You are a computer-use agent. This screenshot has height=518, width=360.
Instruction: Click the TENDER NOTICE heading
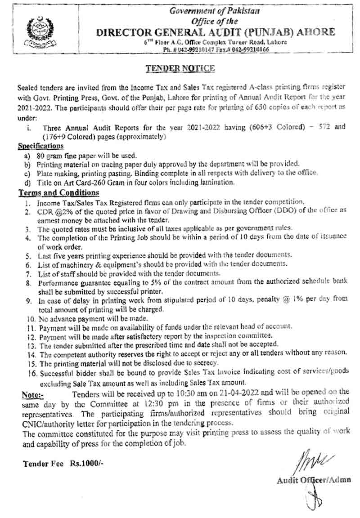[x=180, y=68]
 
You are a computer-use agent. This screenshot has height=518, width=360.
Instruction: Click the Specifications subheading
[x=40, y=146]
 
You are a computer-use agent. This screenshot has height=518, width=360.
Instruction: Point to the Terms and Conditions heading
[x=58, y=192]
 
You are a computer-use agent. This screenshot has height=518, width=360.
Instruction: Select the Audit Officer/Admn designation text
[x=314, y=480]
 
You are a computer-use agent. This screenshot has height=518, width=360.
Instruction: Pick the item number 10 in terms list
[x=31, y=318]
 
